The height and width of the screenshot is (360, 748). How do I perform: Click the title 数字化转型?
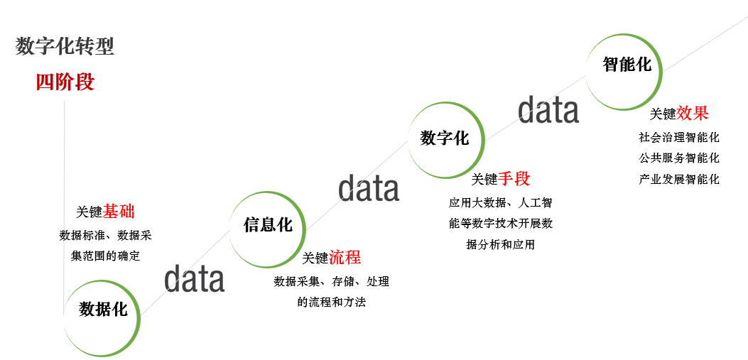[x=65, y=47]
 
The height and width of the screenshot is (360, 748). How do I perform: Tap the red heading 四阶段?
[x=65, y=82]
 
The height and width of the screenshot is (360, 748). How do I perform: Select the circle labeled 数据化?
[x=103, y=310]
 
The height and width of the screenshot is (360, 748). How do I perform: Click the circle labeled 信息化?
[x=268, y=226]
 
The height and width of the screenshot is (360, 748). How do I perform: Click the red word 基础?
[x=119, y=212]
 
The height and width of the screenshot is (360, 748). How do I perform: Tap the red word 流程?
[x=345, y=258]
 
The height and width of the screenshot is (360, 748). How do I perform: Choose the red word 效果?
[x=693, y=114]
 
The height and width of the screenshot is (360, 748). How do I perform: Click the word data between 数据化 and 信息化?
[x=195, y=279]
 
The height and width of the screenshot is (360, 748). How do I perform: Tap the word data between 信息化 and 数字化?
[x=368, y=188]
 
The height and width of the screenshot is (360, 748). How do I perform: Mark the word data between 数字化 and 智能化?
[x=548, y=110]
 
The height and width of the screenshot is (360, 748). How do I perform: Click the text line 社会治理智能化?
[x=679, y=138]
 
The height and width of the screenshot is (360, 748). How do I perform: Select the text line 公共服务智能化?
[x=679, y=158]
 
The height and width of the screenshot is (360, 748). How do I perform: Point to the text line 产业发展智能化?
[x=679, y=179]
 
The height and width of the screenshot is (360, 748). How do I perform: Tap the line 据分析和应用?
[x=500, y=245]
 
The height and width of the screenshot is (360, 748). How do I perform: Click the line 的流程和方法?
[x=332, y=302]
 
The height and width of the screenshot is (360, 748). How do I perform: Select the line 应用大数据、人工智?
[x=500, y=203]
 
